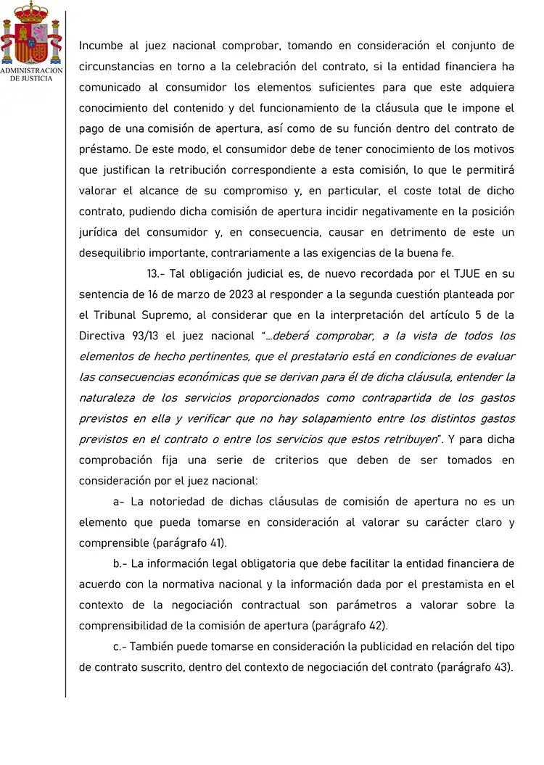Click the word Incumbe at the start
(100, 46)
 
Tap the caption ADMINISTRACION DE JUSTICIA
(31, 74)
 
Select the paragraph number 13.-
(157, 274)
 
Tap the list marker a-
(119, 502)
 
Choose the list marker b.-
(120, 563)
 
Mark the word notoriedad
(186, 502)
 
